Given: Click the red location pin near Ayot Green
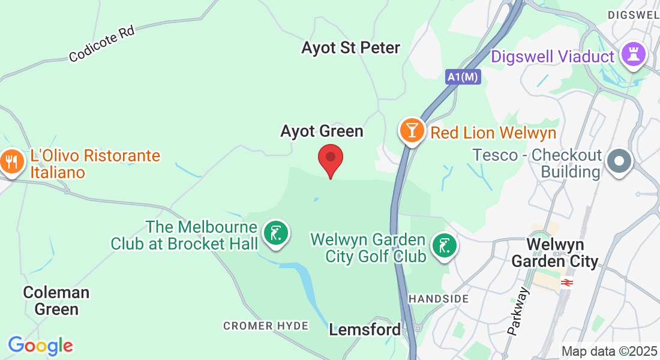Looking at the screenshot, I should click(x=330, y=158).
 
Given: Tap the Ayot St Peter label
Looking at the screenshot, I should click(x=351, y=48).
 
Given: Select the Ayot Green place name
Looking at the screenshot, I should click(x=322, y=131).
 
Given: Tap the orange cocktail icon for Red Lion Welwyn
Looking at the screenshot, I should click(x=412, y=130).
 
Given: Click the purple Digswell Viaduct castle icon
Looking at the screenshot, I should click(x=634, y=55).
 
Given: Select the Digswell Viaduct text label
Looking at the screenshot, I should click(x=553, y=57).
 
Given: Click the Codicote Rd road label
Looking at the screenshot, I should click(x=101, y=44).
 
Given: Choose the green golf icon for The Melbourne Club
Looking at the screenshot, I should click(x=276, y=233).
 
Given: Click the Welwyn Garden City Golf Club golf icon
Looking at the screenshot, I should click(x=444, y=246).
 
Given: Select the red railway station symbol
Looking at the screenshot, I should click(x=566, y=282).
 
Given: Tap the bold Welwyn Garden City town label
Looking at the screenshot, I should click(x=555, y=253).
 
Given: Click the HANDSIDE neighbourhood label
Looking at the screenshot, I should click(x=439, y=299).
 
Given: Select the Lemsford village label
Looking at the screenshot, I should click(x=365, y=329).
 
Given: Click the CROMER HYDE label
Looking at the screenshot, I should click(x=266, y=326).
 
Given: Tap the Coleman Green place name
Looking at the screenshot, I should click(x=56, y=301).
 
